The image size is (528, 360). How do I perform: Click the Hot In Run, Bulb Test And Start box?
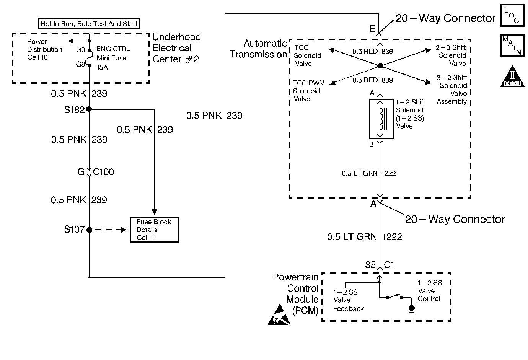coord(89,24)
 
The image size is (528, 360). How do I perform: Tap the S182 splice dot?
coord(89,109)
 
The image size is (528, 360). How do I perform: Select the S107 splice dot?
coord(89,230)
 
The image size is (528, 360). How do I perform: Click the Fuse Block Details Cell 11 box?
coord(154,230)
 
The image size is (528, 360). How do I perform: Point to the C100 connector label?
coord(103,172)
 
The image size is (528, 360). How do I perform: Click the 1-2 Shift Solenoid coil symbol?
coord(381,119)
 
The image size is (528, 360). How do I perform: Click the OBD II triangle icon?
coord(512,78)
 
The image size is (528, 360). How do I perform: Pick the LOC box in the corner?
coord(512,16)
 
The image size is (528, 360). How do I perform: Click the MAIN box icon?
coord(512,46)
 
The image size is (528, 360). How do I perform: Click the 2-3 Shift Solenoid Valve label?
coord(452,55)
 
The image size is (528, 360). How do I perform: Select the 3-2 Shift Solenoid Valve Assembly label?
coord(452,90)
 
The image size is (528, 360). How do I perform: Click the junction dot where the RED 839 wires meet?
coord(380,66)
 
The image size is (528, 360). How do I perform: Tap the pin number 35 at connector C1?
coord(370,265)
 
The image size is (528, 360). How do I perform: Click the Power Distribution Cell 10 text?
coord(44,49)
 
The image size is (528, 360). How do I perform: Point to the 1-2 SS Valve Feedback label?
coord(348,300)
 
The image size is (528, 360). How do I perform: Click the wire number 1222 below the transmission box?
coord(392,237)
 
